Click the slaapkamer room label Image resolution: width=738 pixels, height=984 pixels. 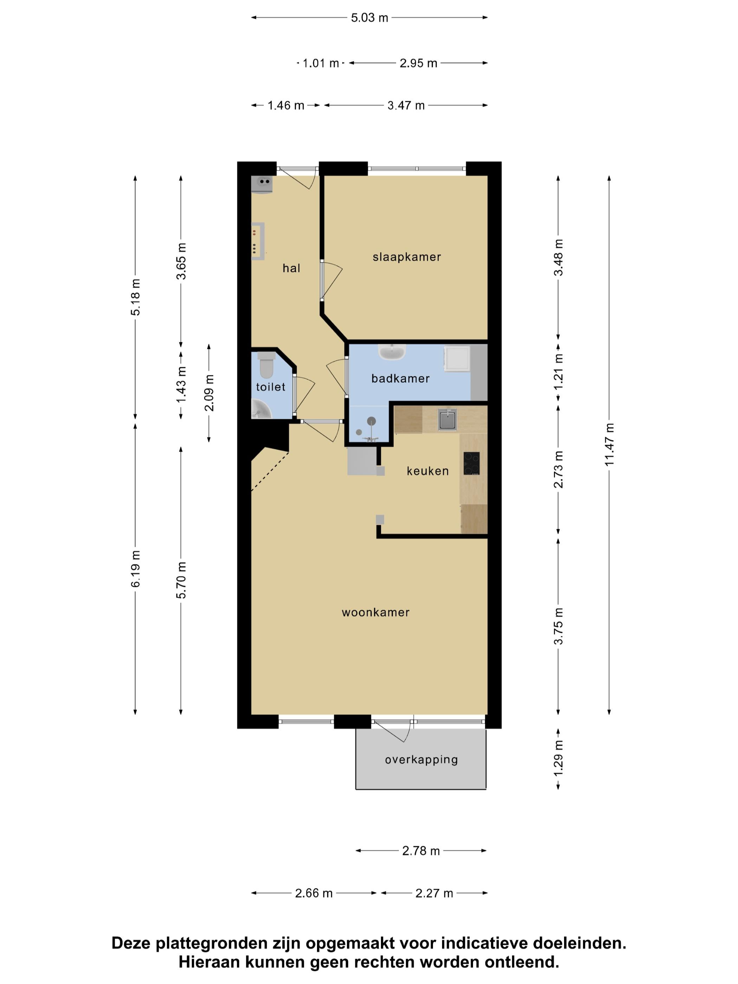(x=407, y=257)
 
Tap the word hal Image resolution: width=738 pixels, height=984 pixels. (x=291, y=268)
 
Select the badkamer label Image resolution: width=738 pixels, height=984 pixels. (x=400, y=378)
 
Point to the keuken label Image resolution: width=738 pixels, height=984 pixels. (x=427, y=471)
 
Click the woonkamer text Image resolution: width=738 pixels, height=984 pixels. (x=375, y=613)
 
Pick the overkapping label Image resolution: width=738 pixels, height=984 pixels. (x=421, y=759)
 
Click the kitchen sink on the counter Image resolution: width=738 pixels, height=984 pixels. (x=447, y=420)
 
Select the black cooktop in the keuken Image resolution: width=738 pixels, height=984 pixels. (x=472, y=464)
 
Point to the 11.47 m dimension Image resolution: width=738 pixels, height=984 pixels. (x=609, y=445)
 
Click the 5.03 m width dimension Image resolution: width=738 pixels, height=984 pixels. (x=369, y=18)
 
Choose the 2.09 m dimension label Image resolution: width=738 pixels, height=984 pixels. (x=209, y=393)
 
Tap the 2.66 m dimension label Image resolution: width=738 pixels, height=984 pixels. (x=313, y=893)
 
